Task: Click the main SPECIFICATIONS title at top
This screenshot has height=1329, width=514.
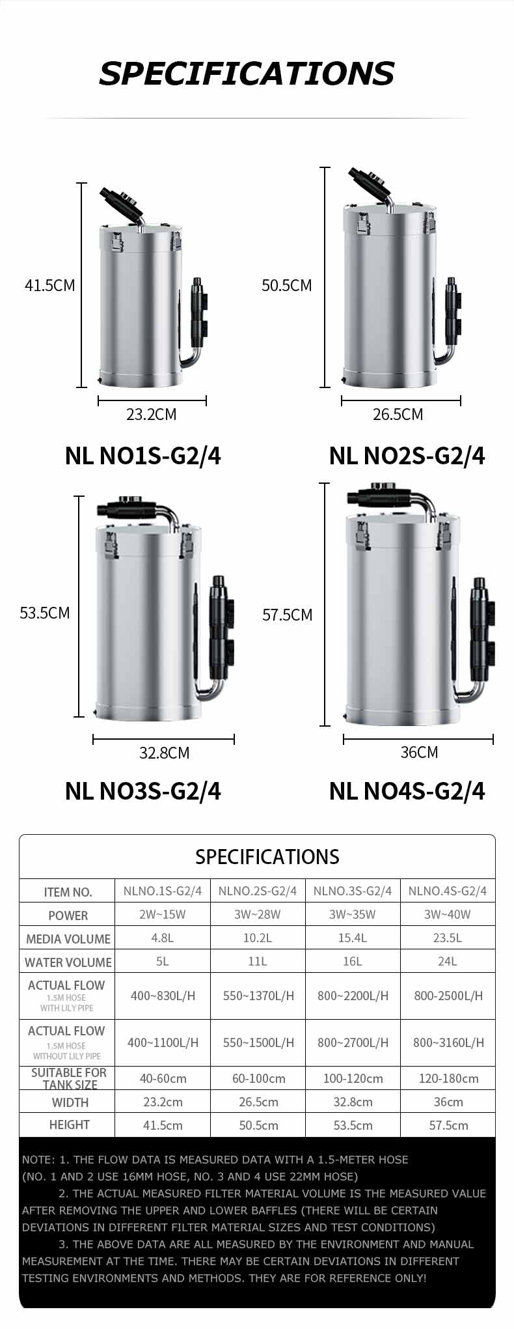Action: point(247,74)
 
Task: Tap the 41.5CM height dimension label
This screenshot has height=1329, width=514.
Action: point(49,286)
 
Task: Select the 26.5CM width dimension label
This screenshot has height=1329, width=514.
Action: point(398,415)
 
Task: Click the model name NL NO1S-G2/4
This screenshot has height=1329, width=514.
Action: point(142,456)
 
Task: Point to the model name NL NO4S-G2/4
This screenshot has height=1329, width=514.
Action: point(407,791)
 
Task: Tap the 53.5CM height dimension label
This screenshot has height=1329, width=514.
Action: point(44,613)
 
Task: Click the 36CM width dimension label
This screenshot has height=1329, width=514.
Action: point(419,753)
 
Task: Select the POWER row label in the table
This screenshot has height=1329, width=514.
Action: point(68,916)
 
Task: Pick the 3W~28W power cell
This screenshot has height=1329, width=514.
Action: point(258,915)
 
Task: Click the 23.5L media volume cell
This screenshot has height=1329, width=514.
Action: point(448,938)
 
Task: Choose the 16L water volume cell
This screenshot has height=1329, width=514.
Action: point(352,962)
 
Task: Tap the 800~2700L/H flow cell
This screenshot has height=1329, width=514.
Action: point(353,1042)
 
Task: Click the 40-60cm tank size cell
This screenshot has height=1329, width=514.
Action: point(163,1078)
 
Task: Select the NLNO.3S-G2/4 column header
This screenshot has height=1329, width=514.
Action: point(353,891)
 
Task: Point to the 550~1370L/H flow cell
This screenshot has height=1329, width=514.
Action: point(258,996)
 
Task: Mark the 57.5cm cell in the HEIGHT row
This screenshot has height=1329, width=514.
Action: point(448,1125)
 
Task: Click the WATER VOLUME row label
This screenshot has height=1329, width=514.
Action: point(68,962)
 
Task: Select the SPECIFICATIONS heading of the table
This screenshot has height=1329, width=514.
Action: point(267,857)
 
